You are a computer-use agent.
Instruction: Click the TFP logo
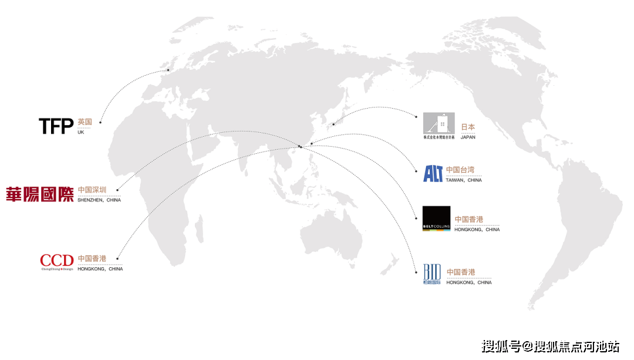pos(56,126)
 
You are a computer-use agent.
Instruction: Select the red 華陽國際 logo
pos(40,194)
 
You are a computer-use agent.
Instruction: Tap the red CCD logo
pos(57,261)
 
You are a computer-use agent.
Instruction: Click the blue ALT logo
pos(433,173)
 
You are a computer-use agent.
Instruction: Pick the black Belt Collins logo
pos(436,218)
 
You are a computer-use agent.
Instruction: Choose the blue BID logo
pos(432,273)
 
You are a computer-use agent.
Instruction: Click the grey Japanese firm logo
pos(439,125)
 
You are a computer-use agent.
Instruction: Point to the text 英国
pos(85,122)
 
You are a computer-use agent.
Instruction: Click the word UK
pos(81,132)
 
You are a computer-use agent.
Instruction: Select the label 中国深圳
pos(92,190)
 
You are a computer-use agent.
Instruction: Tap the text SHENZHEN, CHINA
pos(99,200)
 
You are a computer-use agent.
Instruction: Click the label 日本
pos(468,127)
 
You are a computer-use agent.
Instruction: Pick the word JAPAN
pos(468,137)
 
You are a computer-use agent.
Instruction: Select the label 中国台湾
pos(460,170)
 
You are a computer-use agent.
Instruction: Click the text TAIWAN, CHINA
pos(464,180)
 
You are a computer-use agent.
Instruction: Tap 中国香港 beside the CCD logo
pos(92,258)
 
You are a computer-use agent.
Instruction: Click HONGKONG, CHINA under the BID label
pos(469,282)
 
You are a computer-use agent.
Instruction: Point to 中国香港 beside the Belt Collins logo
pos(469,220)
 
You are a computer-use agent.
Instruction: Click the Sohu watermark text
pos(550,346)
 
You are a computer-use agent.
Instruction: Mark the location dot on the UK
pos(168,70)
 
